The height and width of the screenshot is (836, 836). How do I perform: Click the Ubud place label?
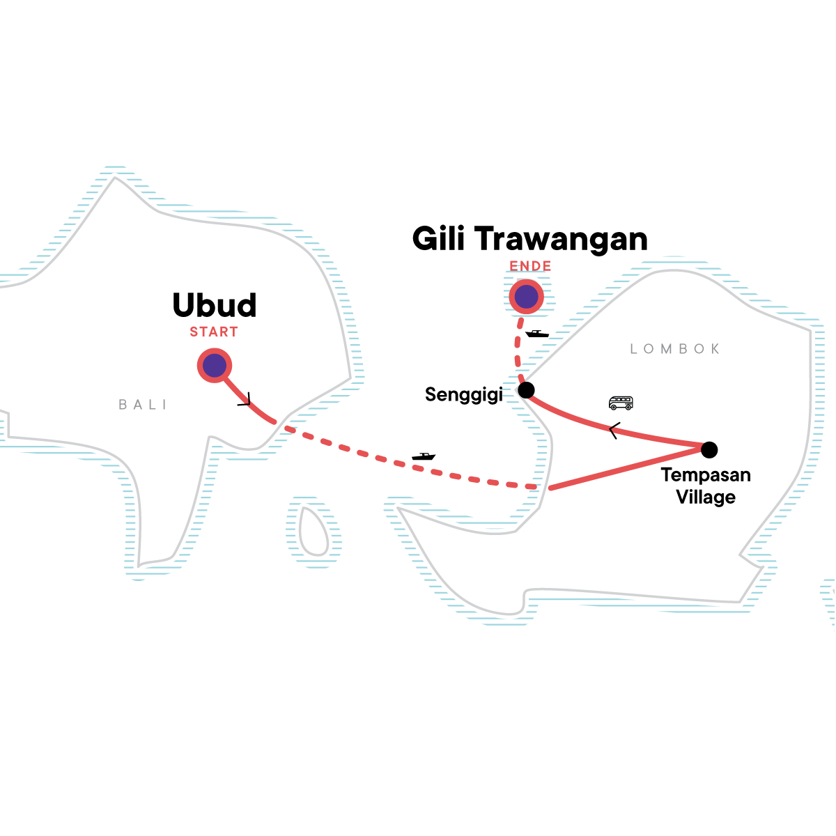tap(215, 305)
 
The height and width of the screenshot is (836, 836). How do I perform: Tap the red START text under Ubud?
tap(214, 332)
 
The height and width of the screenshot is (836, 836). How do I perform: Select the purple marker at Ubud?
tap(215, 365)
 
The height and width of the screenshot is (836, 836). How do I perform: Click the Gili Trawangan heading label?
tap(529, 240)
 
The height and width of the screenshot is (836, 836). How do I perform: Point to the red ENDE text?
tap(530, 266)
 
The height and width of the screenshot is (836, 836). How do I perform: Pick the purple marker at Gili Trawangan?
tap(526, 297)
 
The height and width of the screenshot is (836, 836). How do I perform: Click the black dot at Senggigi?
tap(526, 390)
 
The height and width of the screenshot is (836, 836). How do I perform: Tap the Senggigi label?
tap(464, 395)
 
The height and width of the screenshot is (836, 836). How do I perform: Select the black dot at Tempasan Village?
tap(709, 450)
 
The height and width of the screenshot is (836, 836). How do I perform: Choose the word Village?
tap(706, 497)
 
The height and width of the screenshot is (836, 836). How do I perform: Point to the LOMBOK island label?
tap(674, 349)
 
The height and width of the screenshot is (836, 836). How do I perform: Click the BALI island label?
tap(142, 405)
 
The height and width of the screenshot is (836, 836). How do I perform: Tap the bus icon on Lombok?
tap(621, 403)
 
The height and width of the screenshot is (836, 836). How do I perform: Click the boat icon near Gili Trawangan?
tap(537, 333)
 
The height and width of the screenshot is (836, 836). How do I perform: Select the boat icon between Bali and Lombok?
tap(424, 456)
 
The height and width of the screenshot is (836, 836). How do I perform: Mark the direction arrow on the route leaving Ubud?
tap(245, 400)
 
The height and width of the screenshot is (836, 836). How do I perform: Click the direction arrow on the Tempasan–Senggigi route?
tap(614, 431)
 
